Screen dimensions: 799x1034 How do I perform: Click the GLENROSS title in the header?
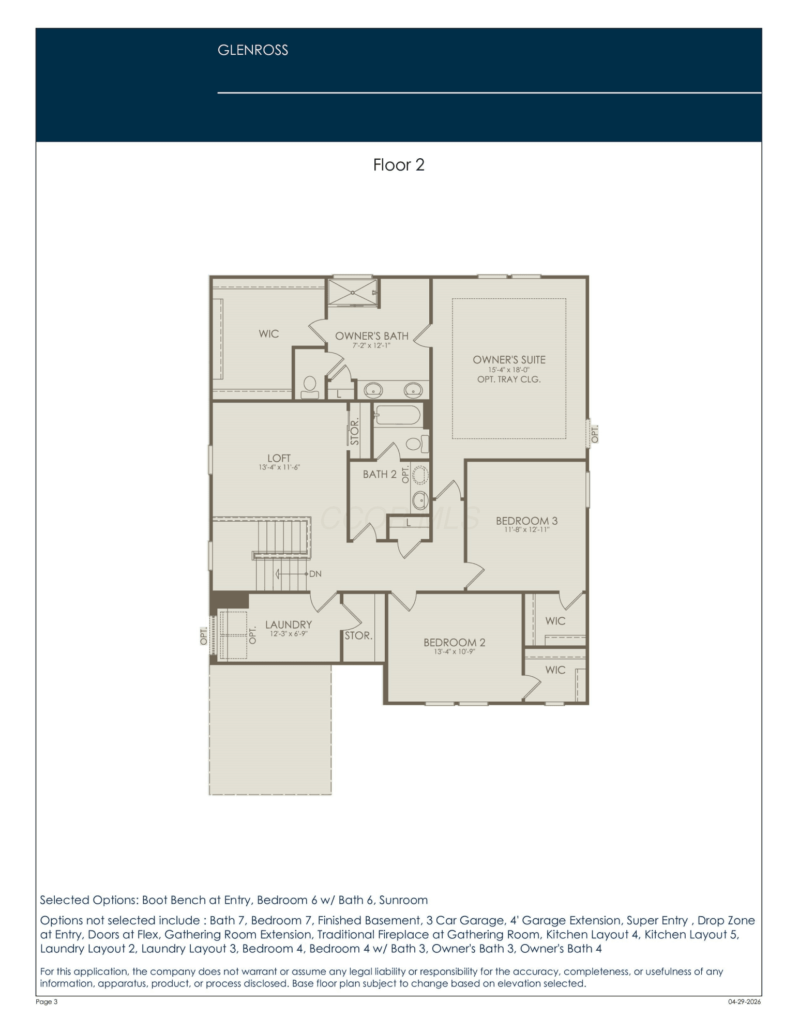[252, 50]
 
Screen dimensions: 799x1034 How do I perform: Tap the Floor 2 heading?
[399, 165]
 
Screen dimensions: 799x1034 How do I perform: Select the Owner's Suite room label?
[509, 360]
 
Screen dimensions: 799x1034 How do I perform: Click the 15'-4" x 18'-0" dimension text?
[509, 370]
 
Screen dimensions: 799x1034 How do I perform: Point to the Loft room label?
[279, 458]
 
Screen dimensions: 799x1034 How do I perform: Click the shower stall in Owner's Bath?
[353, 293]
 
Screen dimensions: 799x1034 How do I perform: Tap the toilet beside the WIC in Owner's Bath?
[310, 387]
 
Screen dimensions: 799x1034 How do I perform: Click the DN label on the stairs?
[315, 574]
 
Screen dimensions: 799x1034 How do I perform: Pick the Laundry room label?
[289, 625]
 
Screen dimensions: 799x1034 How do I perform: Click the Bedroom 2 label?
[454, 643]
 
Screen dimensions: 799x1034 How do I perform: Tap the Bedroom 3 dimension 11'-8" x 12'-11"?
[526, 529]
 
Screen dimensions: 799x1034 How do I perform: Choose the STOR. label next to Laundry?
[358, 635]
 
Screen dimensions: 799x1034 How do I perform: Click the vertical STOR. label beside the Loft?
[355, 432]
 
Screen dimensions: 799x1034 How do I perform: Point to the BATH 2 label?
[380, 474]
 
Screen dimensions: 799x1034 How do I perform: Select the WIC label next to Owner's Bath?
[268, 334]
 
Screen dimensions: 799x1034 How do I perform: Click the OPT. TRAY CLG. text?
[509, 379]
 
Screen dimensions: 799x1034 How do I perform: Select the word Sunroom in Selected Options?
[403, 900]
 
